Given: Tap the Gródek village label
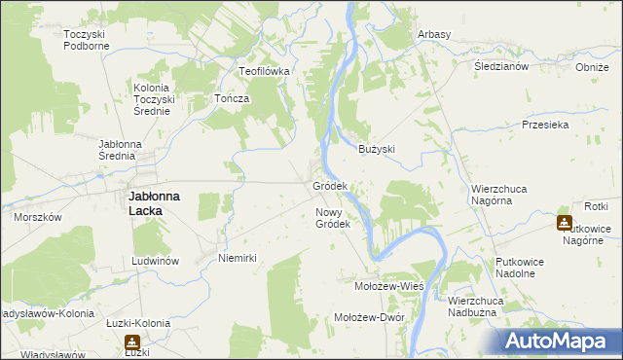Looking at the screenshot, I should click(330, 185).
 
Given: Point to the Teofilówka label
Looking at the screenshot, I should click(267, 71).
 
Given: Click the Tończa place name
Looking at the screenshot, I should click(233, 99).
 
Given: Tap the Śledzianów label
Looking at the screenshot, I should click(500, 67).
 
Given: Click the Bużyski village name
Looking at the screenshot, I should click(377, 149).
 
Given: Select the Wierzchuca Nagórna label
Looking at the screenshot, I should click(504, 195).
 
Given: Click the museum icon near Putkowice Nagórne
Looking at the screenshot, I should click(565, 223).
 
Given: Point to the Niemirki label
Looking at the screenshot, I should click(238, 258).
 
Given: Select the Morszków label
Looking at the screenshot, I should click(38, 217).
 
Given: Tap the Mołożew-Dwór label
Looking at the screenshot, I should click(368, 317).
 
